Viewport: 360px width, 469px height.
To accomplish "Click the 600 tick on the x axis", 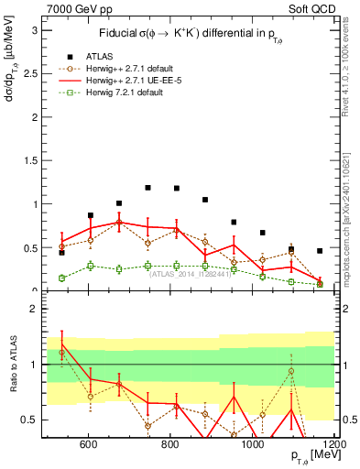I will pos(89,445).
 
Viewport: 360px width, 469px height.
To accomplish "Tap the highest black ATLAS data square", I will pos(147,188).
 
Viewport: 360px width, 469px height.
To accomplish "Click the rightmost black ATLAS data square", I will pos(320,250).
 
